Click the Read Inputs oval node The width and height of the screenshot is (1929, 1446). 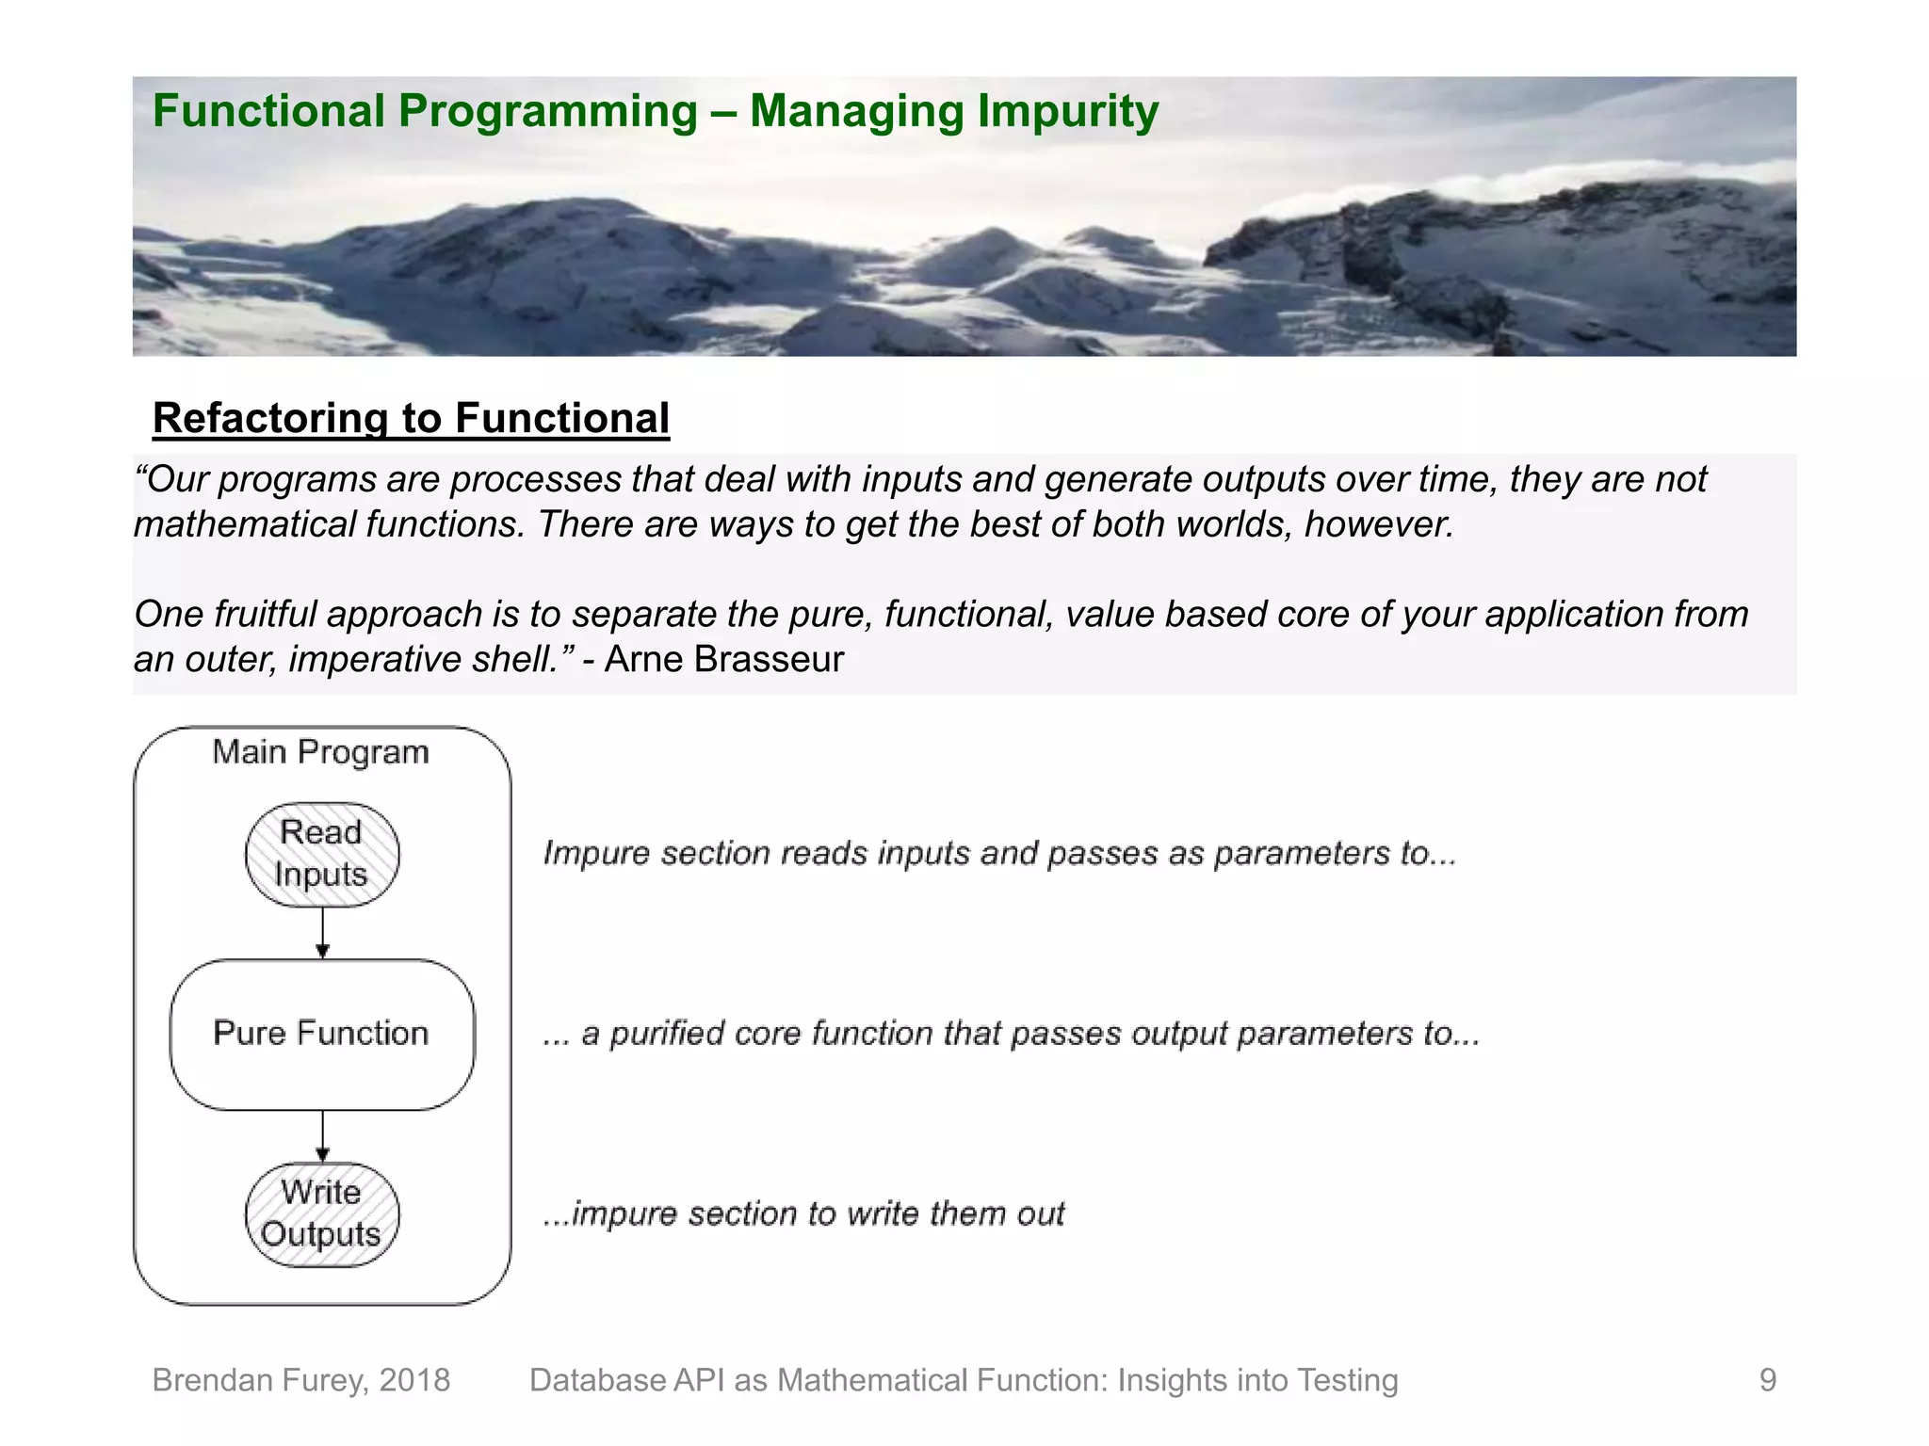[322, 854]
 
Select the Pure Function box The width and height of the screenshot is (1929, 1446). [322, 1034]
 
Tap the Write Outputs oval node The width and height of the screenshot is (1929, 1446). [322, 1213]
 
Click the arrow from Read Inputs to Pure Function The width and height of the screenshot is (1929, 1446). [323, 932]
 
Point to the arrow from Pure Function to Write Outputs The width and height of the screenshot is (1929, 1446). [323, 1135]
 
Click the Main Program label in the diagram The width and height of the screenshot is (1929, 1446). [320, 752]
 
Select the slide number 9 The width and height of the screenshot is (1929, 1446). [1767, 1380]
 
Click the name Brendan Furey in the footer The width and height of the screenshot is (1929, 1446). [259, 1380]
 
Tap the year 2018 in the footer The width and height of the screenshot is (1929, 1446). [414, 1380]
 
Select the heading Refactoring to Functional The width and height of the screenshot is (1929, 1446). [411, 418]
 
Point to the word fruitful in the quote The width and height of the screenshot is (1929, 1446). [265, 614]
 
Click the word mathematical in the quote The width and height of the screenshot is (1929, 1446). [245, 524]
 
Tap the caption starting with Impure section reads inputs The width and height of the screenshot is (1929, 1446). [999, 853]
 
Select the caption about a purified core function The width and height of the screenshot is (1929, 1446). [1011, 1034]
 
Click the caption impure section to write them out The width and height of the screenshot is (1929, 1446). [803, 1213]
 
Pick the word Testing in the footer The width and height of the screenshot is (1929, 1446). [1347, 1380]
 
